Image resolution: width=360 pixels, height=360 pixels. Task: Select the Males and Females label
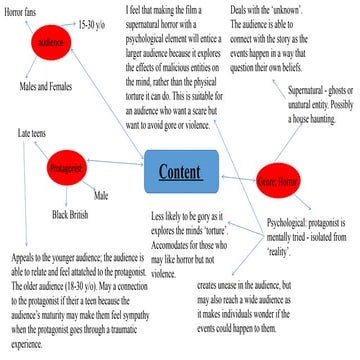[x=47, y=88]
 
